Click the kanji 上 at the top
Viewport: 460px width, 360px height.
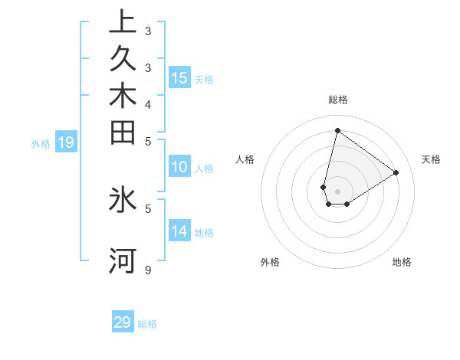click(x=123, y=21)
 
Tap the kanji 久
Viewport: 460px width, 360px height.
click(x=123, y=58)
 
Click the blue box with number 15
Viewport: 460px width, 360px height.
click(x=179, y=77)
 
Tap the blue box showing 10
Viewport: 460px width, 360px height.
click(x=179, y=167)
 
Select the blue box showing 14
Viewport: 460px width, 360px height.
click(x=179, y=231)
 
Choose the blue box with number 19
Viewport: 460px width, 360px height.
click(x=66, y=142)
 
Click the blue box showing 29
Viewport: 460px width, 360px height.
click(x=123, y=322)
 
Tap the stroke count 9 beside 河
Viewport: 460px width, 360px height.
click(x=147, y=270)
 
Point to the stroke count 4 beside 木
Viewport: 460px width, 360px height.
click(x=147, y=104)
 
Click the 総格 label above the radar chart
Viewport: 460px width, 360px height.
click(x=337, y=100)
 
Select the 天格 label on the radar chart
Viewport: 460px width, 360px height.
click(x=431, y=159)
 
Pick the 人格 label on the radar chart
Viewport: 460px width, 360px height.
click(x=245, y=159)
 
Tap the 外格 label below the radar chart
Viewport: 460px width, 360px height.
click(x=270, y=262)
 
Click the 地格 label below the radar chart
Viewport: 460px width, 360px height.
click(x=402, y=262)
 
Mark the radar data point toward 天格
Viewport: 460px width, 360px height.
click(x=396, y=172)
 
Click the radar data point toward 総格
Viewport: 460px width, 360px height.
click(x=337, y=130)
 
